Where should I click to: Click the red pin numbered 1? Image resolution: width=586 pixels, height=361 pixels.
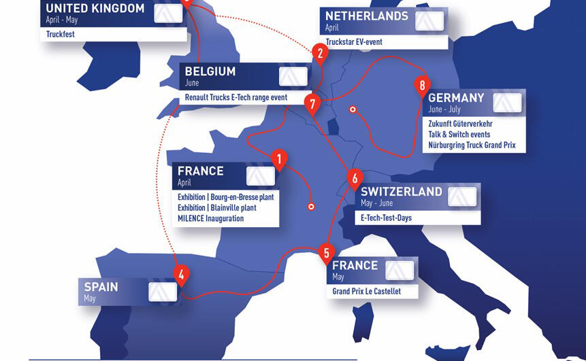pyautogui.click(x=278, y=159)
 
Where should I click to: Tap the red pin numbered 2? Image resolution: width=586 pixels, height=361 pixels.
pyautogui.click(x=319, y=52)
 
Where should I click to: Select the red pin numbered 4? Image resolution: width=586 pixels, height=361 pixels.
pyautogui.click(x=180, y=275)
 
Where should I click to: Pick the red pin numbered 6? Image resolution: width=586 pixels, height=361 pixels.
pyautogui.click(x=354, y=178)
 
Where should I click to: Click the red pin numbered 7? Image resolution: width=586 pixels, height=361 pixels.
pyautogui.click(x=312, y=104)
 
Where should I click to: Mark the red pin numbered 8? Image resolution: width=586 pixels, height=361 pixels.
pyautogui.click(x=423, y=85)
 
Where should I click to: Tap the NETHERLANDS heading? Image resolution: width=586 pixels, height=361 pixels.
pyautogui.click(x=366, y=16)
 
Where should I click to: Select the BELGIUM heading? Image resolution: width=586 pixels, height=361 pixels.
pyautogui.click(x=210, y=71)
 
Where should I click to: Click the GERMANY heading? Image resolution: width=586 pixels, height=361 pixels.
pyautogui.click(x=457, y=98)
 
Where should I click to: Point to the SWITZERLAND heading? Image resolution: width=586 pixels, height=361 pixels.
pyautogui.click(x=402, y=192)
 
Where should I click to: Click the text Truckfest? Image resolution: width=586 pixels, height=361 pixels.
pyautogui.click(x=60, y=33)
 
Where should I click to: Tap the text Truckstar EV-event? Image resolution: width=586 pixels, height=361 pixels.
pyautogui.click(x=354, y=41)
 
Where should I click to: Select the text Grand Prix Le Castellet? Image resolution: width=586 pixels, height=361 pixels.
pyautogui.click(x=366, y=291)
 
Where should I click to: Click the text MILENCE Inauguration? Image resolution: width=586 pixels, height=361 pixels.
pyautogui.click(x=211, y=218)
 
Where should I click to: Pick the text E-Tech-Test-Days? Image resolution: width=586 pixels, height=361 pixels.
pyautogui.click(x=386, y=218)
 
